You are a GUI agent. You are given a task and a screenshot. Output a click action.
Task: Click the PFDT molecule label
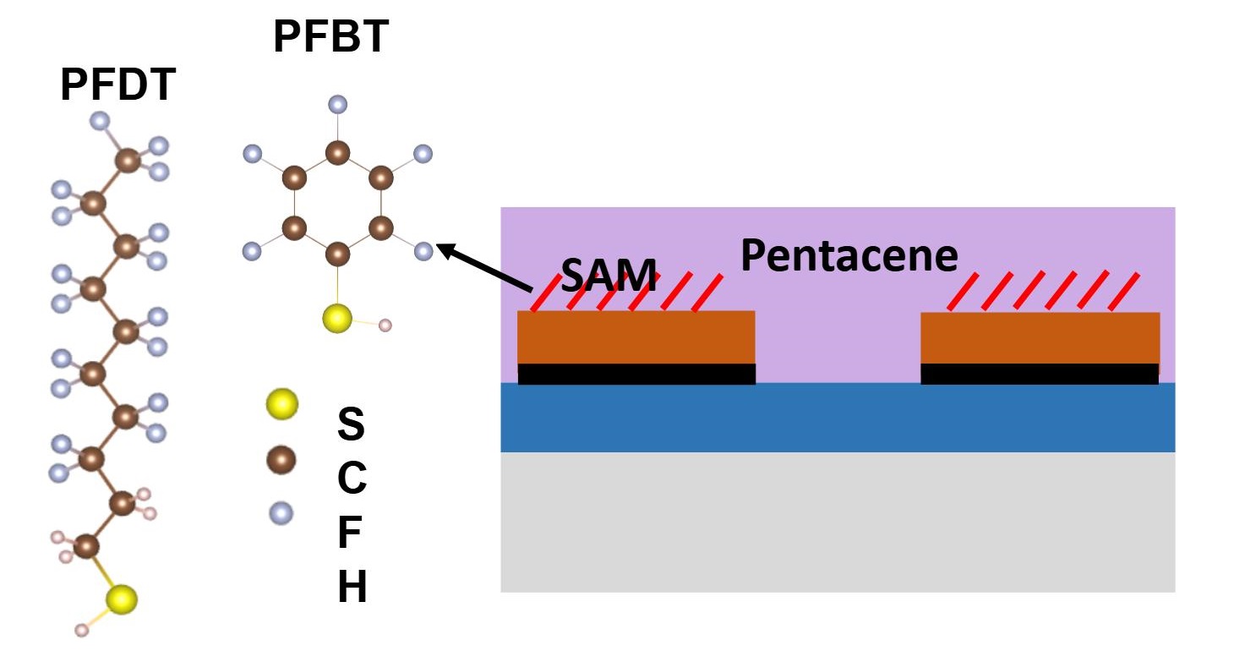click(x=117, y=86)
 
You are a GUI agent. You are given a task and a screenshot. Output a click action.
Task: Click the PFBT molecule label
click(x=330, y=38)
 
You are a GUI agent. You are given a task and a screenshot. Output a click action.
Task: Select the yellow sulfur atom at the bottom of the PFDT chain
click(x=122, y=599)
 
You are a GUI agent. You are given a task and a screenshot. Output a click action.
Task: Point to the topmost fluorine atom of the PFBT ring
click(x=337, y=105)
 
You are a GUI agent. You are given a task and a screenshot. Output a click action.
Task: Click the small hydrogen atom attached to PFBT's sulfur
click(x=385, y=325)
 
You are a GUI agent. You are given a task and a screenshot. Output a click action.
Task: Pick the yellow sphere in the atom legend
click(x=281, y=404)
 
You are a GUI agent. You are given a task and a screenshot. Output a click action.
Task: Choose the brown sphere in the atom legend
click(x=281, y=460)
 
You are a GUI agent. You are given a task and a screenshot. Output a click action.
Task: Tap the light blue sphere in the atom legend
click(x=281, y=512)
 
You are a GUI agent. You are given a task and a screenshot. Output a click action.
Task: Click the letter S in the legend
click(x=352, y=424)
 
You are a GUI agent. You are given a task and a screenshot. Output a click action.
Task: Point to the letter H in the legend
click(x=352, y=588)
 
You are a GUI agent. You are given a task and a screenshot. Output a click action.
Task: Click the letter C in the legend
click(x=352, y=479)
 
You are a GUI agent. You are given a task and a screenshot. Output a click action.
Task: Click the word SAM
click(x=609, y=276)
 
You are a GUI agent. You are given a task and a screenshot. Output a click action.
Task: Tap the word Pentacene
click(x=849, y=255)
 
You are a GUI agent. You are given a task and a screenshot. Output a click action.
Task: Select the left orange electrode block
click(x=636, y=337)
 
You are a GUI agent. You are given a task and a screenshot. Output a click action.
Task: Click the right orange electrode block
click(x=1040, y=338)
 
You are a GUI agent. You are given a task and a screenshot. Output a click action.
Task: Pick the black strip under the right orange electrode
click(x=1040, y=374)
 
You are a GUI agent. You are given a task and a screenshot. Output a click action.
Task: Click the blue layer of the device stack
click(x=837, y=418)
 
